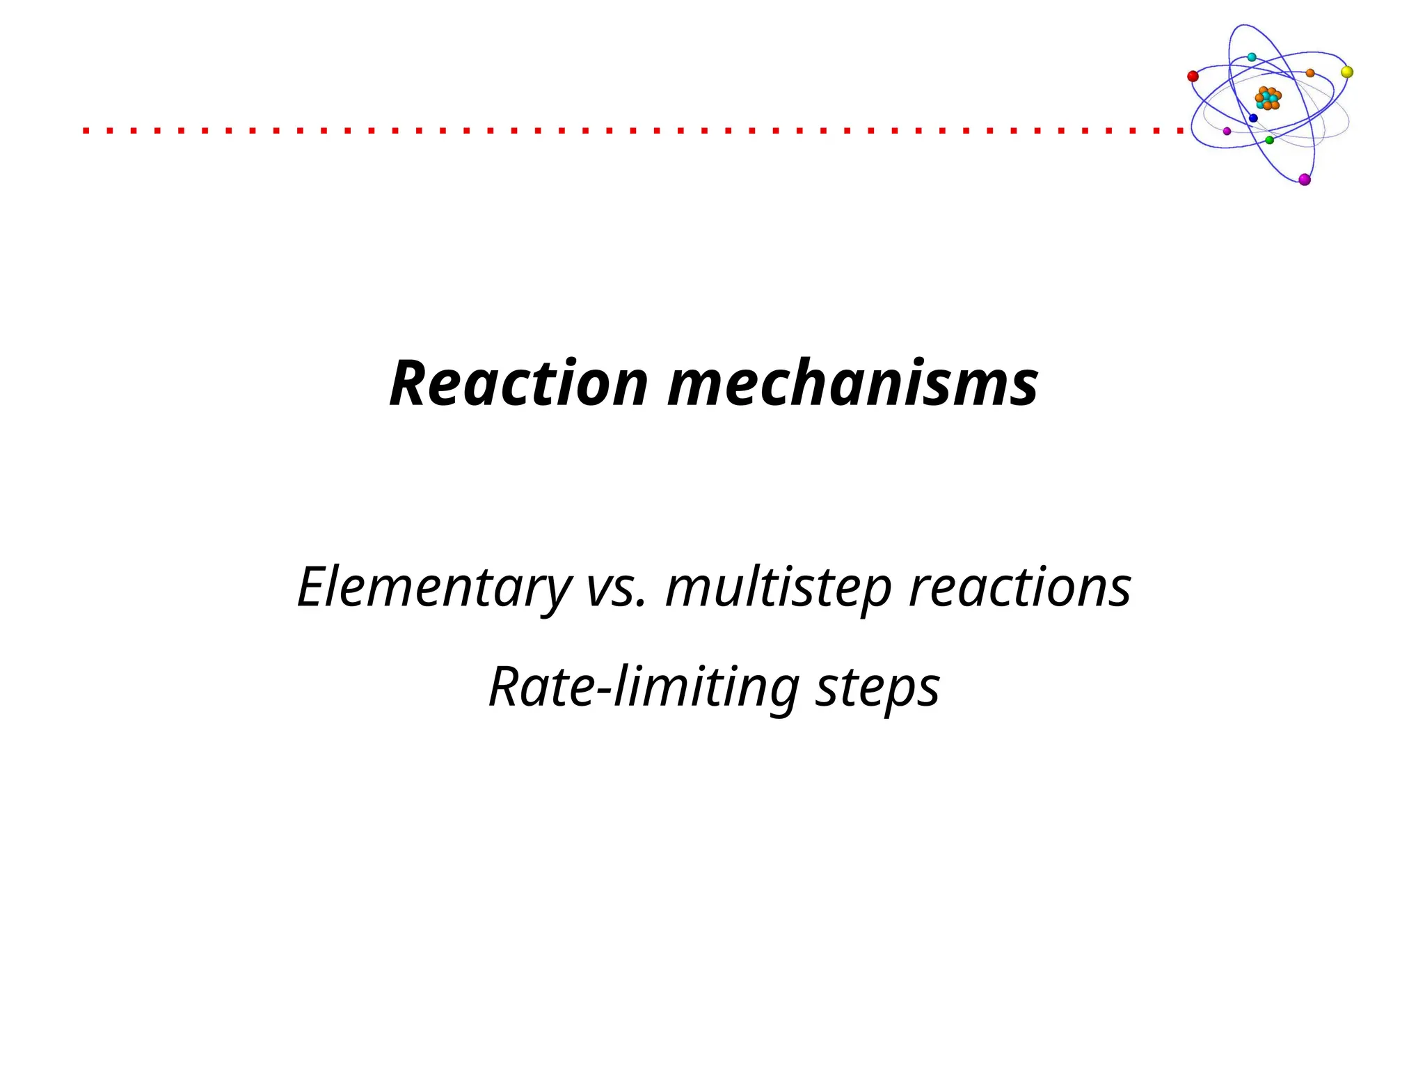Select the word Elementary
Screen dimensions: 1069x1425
(433, 587)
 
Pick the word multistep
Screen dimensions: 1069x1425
(778, 587)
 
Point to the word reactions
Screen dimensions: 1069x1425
(1019, 587)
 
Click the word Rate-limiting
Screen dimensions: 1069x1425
(644, 687)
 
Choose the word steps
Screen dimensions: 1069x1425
(877, 687)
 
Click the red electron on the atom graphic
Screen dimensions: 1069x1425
(1193, 76)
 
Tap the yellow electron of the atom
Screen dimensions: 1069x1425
(1347, 72)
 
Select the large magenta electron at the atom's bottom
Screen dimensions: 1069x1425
(1305, 180)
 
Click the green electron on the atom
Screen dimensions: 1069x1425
(1269, 140)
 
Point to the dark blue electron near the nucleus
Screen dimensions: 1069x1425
(1253, 118)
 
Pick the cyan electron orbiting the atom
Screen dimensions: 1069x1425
(1252, 57)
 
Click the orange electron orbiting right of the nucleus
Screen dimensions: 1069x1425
(1310, 72)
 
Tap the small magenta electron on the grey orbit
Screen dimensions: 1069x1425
(1227, 131)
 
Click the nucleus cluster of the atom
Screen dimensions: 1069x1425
(1268, 98)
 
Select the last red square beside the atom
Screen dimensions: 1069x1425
(1180, 130)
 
